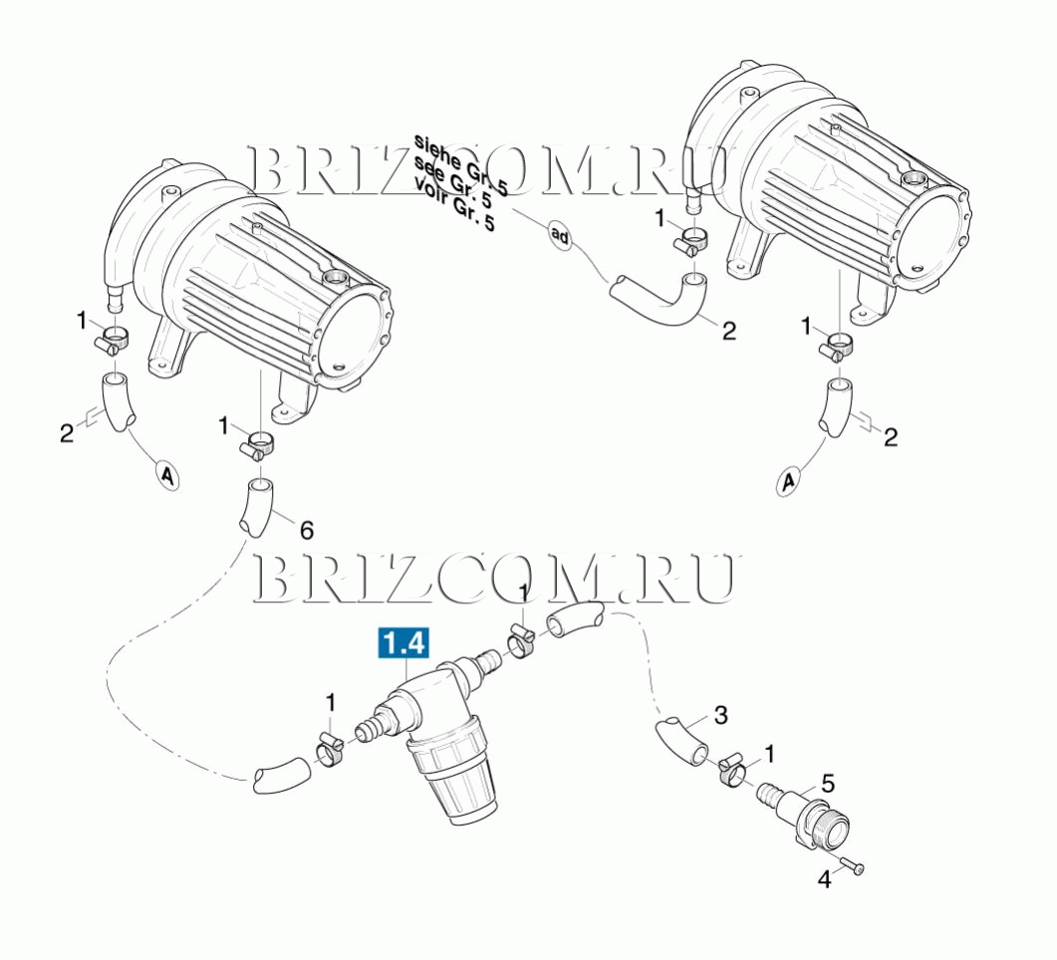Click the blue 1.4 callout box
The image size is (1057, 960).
[x=403, y=642]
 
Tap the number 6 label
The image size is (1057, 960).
[x=306, y=531]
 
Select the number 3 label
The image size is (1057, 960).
[x=720, y=715]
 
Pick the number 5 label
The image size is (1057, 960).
[x=828, y=784]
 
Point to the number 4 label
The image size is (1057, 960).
[x=825, y=879]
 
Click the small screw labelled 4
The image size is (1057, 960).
[x=854, y=867]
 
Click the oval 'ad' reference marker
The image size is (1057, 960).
[x=560, y=235]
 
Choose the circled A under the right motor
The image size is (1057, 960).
[x=787, y=481]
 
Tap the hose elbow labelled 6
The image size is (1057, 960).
[x=256, y=507]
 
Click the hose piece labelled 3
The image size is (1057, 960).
[x=680, y=741]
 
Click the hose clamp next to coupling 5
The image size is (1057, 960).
[x=732, y=774]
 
